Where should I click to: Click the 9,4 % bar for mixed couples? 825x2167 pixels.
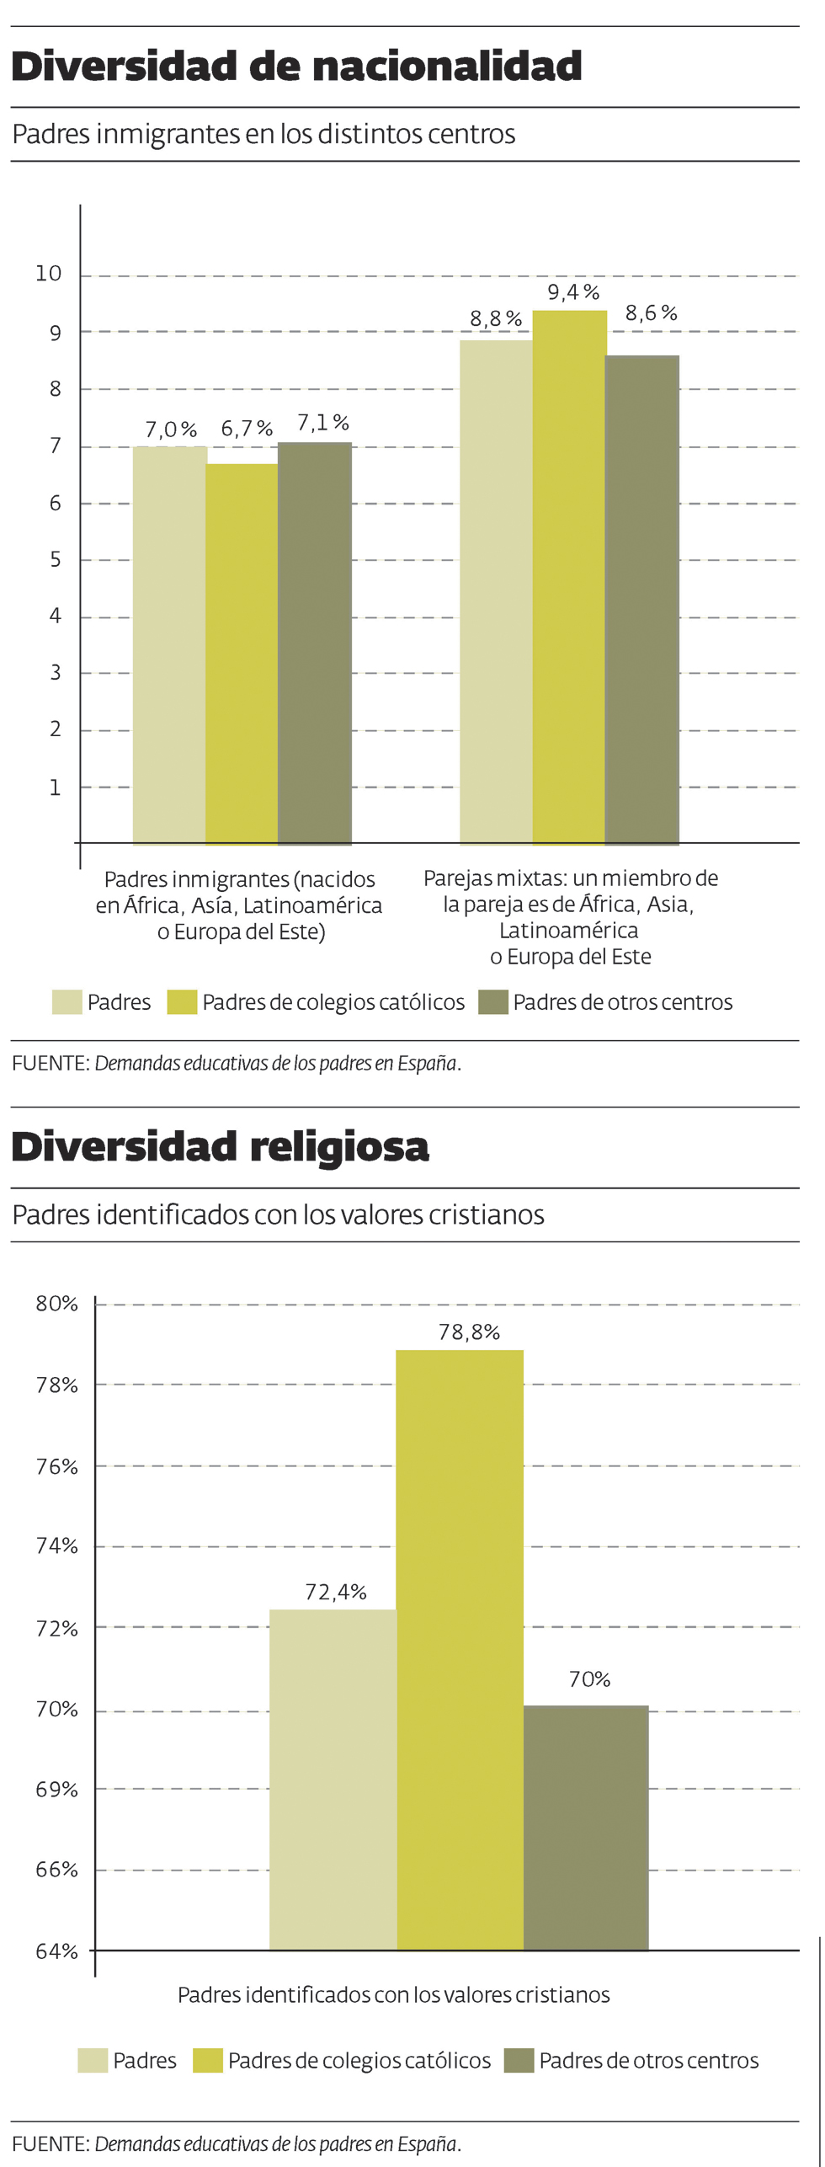[569, 577]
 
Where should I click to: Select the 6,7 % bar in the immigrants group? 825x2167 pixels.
[242, 654]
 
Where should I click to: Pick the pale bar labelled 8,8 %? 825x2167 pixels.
[496, 591]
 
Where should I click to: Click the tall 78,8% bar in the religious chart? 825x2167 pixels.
[460, 1650]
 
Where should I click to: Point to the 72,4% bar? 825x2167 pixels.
[333, 1780]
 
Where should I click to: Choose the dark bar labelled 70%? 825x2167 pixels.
[586, 1828]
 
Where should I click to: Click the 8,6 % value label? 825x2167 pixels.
[651, 313]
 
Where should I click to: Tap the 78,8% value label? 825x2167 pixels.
[469, 1332]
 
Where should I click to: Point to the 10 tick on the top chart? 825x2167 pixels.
[49, 274]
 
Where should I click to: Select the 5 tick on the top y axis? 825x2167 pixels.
[56, 559]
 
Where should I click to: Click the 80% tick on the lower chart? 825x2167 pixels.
[56, 1304]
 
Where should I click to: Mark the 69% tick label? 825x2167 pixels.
[56, 1789]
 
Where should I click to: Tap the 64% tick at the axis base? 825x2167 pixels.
[56, 1951]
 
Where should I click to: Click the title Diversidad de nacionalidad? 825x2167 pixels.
[296, 67]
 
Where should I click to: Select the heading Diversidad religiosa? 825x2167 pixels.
[221, 1147]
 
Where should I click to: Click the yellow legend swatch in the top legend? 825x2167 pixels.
[182, 1002]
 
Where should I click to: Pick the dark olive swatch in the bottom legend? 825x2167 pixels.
[519, 2060]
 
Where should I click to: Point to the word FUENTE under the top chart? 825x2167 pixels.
[50, 1063]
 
